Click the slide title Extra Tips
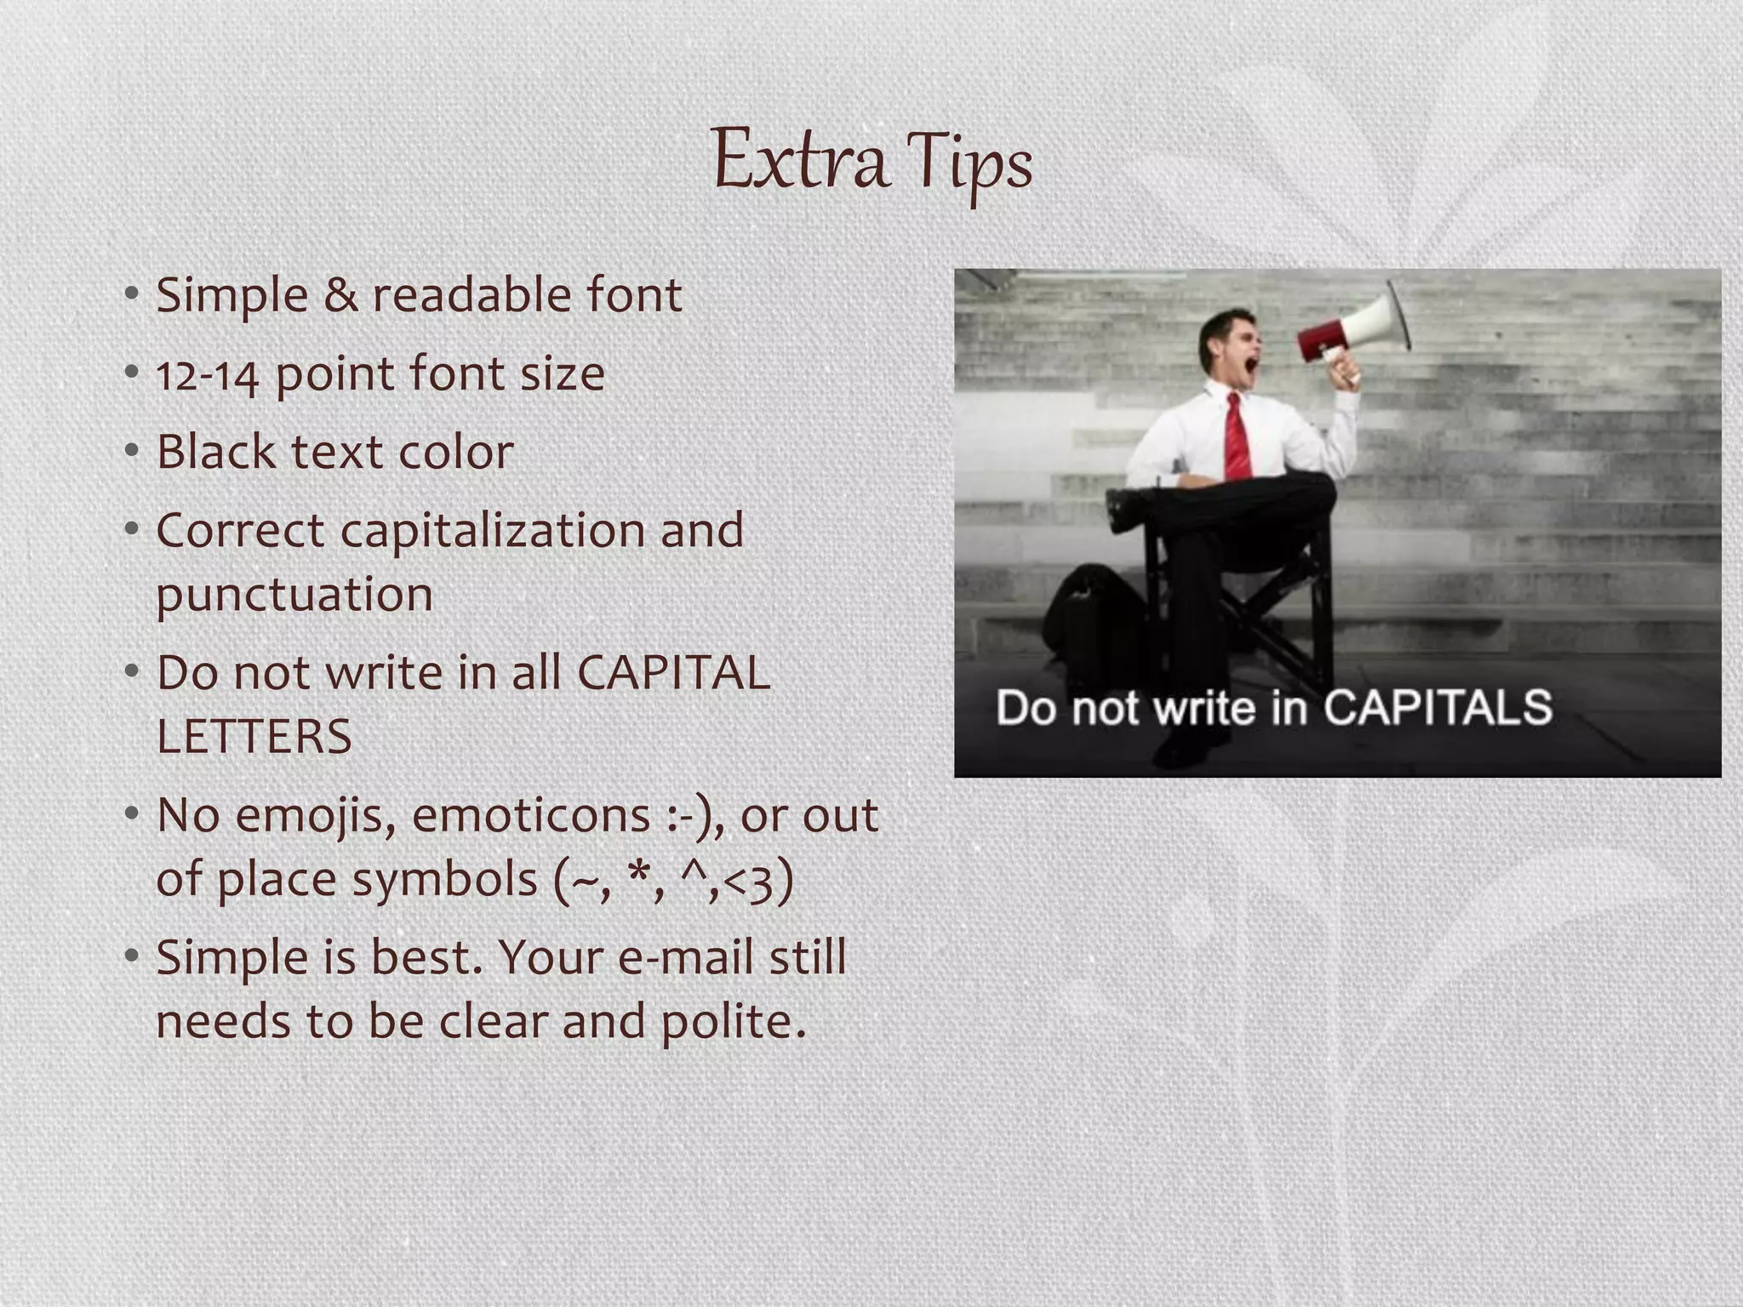click(x=871, y=162)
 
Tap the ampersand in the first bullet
click(x=340, y=296)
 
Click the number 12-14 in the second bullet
click(x=208, y=375)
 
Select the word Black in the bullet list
click(x=215, y=451)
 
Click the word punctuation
click(x=294, y=595)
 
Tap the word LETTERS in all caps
click(x=254, y=737)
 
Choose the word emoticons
click(x=531, y=815)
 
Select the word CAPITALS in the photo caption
click(x=1437, y=707)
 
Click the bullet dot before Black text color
click(x=131, y=451)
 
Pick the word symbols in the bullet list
click(x=444, y=879)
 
